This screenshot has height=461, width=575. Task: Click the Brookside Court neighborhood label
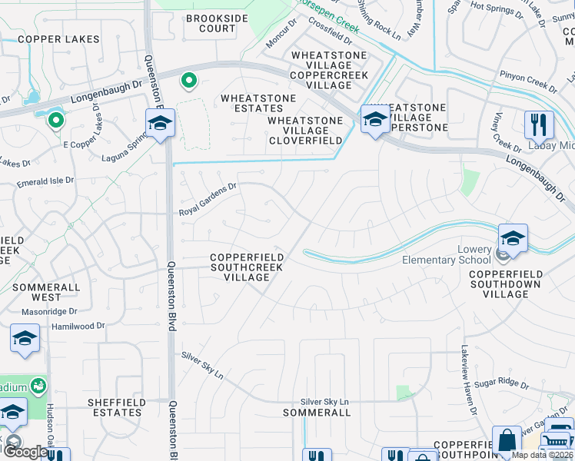click(211, 23)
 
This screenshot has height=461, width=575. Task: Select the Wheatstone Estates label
click(258, 103)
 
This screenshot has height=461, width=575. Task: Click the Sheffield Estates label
click(115, 407)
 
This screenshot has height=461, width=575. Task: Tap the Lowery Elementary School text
click(447, 255)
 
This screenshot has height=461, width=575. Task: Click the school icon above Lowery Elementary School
click(513, 238)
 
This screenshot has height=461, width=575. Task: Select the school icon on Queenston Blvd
click(161, 123)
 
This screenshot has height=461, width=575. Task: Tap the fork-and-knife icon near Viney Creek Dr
click(539, 124)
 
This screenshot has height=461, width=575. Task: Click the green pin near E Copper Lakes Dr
click(55, 120)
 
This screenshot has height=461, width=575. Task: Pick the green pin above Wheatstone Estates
click(188, 79)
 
